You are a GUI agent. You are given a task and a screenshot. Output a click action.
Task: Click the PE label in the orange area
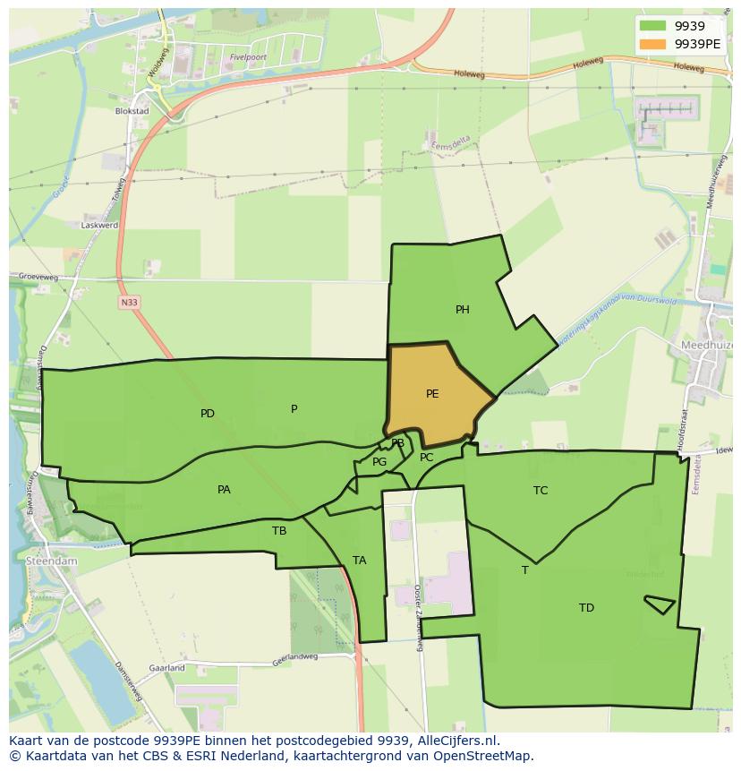point(432,393)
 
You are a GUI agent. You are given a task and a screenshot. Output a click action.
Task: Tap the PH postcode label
point(462,310)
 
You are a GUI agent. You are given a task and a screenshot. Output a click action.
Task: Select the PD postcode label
point(208,414)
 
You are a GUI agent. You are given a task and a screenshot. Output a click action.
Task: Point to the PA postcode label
point(224,489)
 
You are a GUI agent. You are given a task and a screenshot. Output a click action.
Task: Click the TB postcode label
point(279,530)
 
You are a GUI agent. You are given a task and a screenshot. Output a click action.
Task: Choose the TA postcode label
point(359,561)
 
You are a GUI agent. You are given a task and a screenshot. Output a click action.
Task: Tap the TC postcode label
point(541,490)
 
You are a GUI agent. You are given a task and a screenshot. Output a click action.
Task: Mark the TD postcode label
point(586,608)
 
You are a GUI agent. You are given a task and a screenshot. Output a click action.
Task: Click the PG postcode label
point(379,462)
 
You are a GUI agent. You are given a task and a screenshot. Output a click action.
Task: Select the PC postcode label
point(426,458)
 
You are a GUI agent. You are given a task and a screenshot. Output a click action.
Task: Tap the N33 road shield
point(130,303)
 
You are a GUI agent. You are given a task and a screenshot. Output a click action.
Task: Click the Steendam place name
point(53,561)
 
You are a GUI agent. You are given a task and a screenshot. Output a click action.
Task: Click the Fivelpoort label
point(249,56)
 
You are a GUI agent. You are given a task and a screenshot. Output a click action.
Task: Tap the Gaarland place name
point(167,668)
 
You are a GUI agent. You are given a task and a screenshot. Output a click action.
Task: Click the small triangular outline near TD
point(660,604)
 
